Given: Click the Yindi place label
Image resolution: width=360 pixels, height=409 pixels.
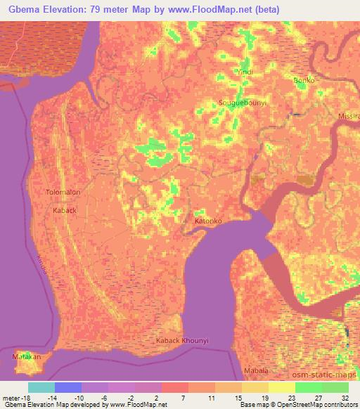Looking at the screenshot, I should coord(225,72).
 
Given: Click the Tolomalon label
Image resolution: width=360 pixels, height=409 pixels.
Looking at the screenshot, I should coord(63,192).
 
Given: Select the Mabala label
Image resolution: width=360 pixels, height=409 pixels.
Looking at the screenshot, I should coord(255,370).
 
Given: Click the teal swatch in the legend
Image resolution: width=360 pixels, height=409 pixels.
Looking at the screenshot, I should coord(41,387).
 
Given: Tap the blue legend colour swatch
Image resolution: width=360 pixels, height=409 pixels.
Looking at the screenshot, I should coord(68,387).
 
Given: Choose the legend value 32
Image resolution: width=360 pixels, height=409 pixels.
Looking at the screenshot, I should coord(346,396).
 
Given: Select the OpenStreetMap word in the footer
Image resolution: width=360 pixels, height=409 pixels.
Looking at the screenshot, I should coord(299,405).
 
